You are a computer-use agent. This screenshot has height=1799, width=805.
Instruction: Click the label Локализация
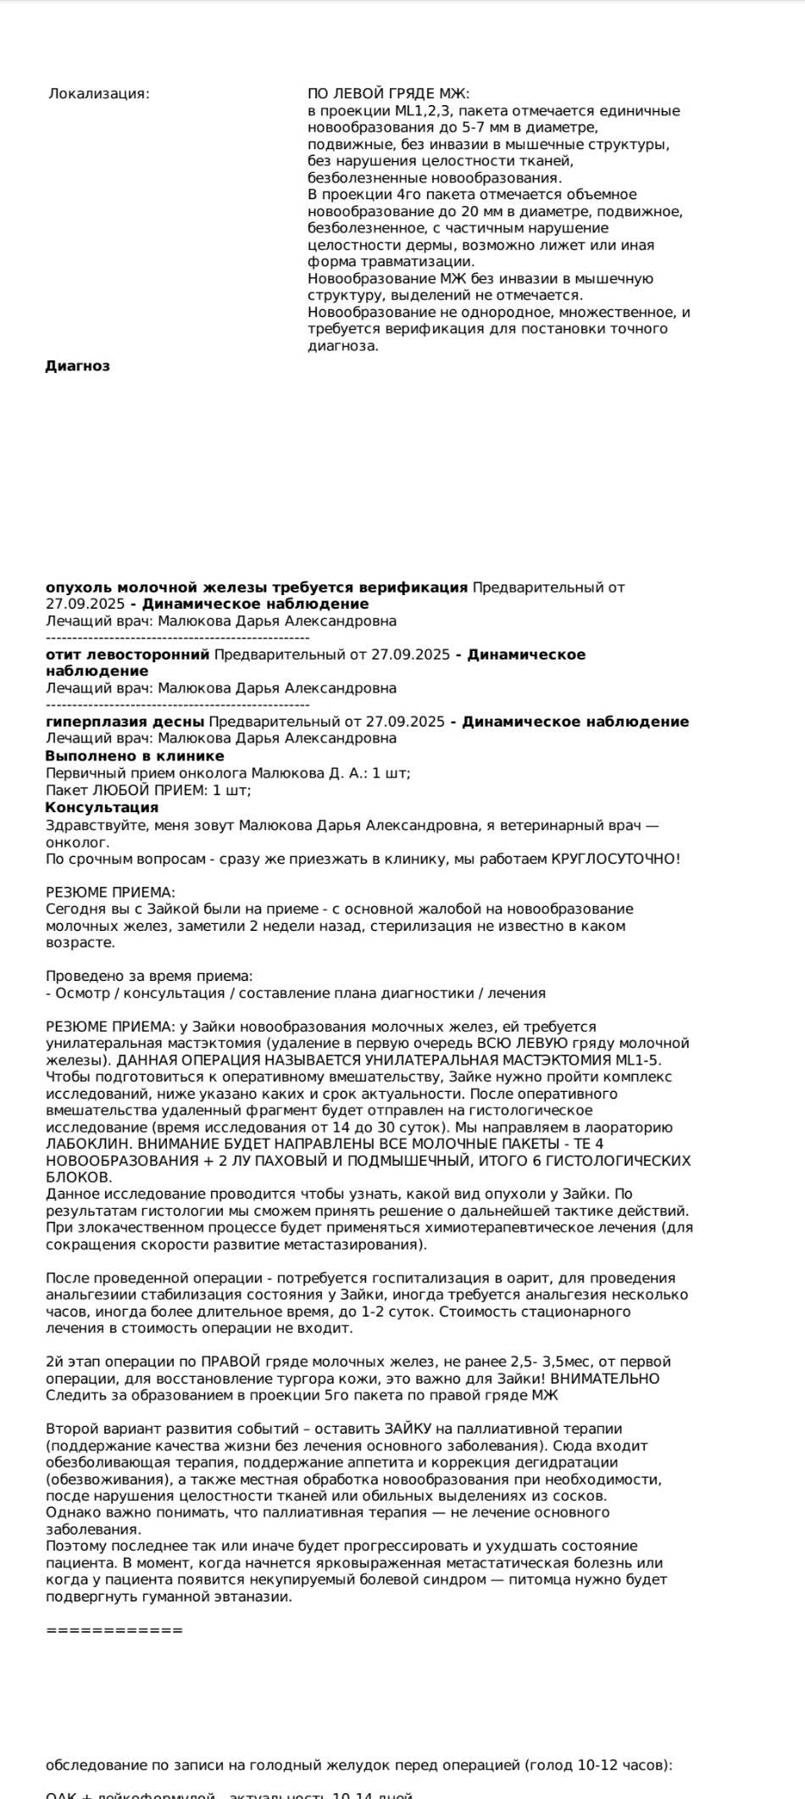tap(98, 94)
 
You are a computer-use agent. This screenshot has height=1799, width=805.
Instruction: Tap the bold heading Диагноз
tap(77, 366)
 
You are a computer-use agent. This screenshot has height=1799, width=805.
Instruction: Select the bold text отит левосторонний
tap(127, 654)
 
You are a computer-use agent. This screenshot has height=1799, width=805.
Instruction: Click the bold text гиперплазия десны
tap(125, 722)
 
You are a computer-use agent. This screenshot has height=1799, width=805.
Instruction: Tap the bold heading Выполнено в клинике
tap(135, 756)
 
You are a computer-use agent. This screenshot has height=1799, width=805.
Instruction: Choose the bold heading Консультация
tap(102, 808)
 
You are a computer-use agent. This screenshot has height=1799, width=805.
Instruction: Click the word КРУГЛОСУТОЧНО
tap(615, 859)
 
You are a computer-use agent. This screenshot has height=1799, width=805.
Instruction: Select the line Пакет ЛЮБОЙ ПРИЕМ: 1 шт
tap(148, 790)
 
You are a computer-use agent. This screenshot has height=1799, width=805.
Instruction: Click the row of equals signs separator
tap(114, 1630)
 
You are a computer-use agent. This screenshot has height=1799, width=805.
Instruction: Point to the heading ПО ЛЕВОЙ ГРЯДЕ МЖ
tap(388, 94)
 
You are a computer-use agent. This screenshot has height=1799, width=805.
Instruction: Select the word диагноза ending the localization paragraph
tap(342, 346)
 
